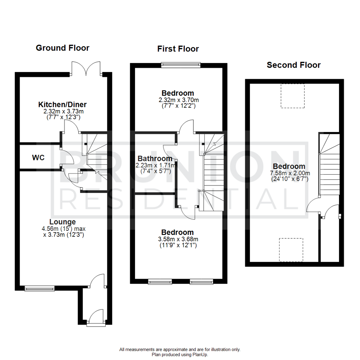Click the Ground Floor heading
tap(62, 48)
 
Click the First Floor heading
tap(178, 49)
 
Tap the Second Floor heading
tap(293, 65)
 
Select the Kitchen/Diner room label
tap(62, 105)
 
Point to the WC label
tap(38, 158)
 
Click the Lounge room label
tap(62, 222)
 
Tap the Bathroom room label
tap(155, 159)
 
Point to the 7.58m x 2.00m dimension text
tap(289, 173)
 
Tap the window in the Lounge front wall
tap(39, 288)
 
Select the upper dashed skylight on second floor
tap(292, 96)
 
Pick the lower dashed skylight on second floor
tap(291, 250)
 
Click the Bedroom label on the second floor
tap(289, 166)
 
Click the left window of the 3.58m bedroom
tap(159, 282)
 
